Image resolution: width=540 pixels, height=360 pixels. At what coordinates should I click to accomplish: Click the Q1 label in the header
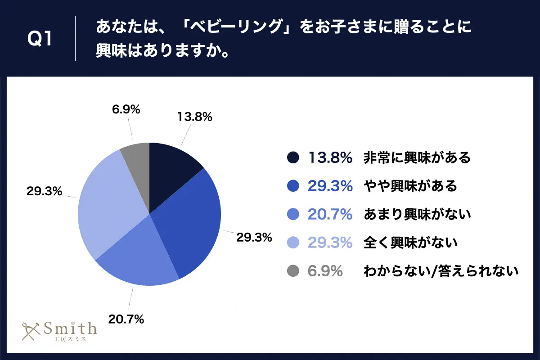point(40,39)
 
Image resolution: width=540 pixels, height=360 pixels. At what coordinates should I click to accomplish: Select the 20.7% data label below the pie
point(126,319)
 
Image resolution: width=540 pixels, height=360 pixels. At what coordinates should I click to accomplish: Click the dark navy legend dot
point(292,157)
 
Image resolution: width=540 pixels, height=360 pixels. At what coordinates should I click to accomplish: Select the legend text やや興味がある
point(410,185)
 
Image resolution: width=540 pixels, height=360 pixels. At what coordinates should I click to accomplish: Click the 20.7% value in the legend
point(330,214)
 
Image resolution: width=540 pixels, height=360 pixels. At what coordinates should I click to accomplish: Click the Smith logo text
point(70,328)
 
